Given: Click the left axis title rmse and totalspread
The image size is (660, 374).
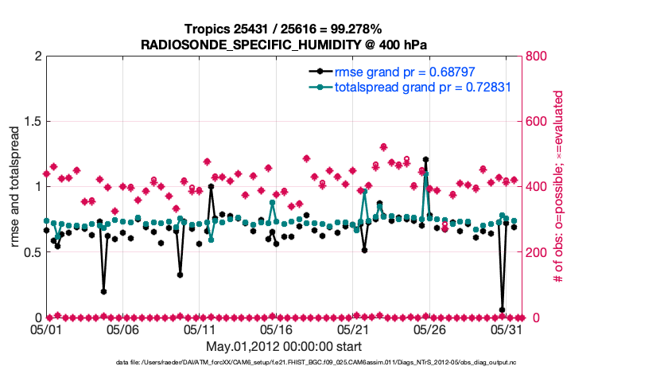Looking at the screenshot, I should pos(15,186).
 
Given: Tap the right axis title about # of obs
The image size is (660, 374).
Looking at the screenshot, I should pos(558,186).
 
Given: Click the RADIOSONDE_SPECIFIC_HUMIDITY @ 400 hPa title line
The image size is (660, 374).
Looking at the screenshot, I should pos(284,45).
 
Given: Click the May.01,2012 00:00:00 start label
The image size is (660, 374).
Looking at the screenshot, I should pos(284,346).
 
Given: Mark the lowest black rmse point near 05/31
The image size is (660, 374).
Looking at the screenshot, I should pos(502,310).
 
